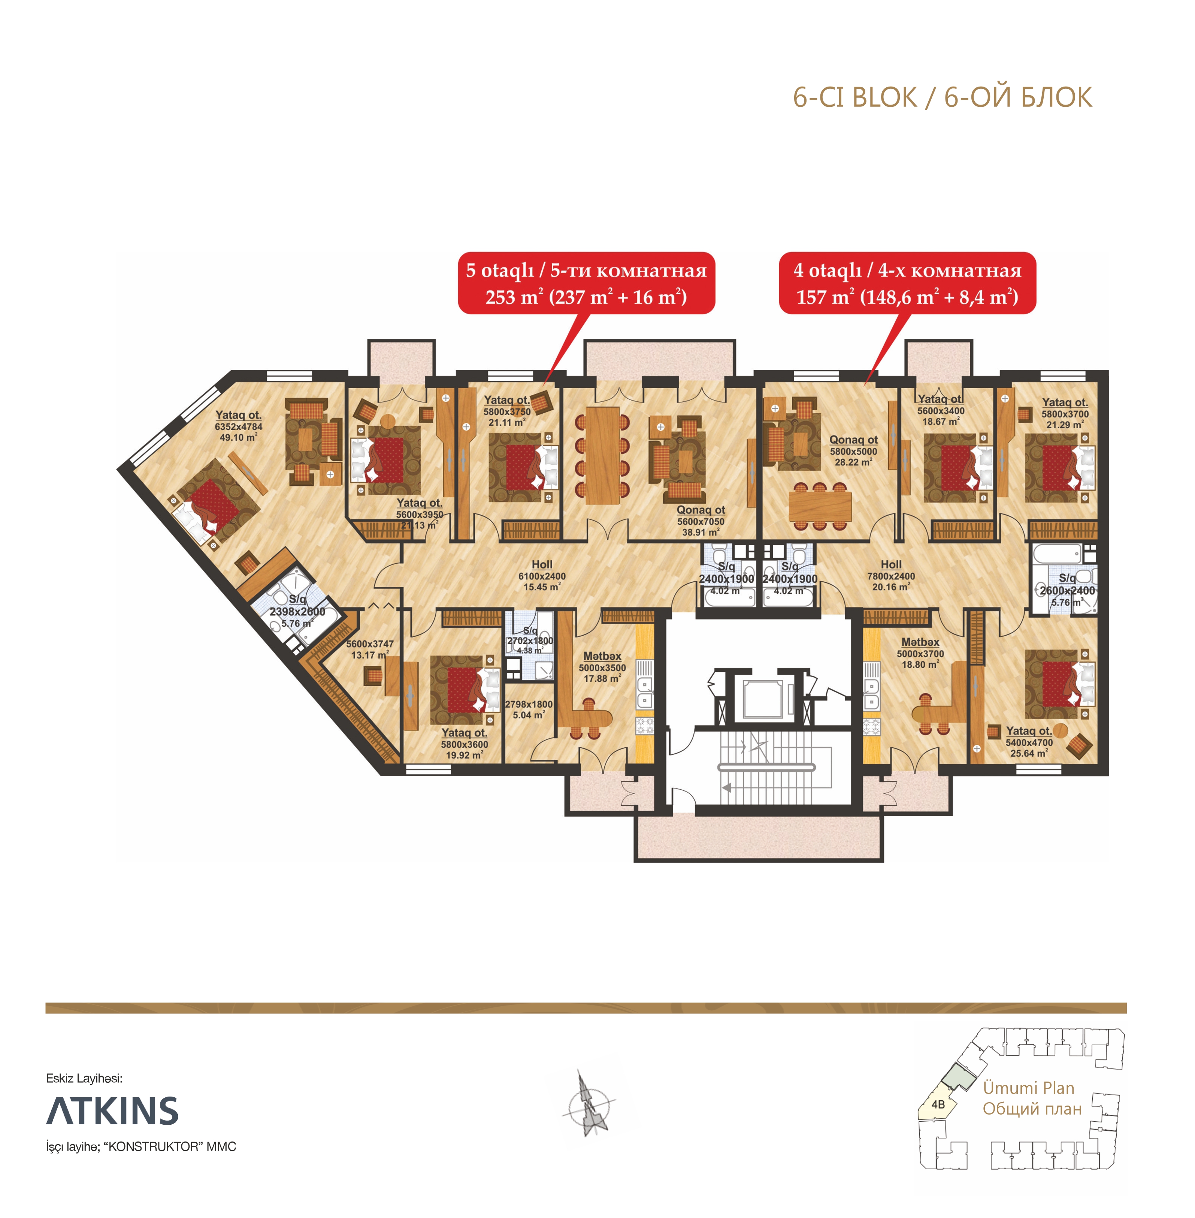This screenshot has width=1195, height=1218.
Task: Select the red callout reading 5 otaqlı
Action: (x=586, y=283)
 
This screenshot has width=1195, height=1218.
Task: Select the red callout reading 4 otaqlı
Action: (x=907, y=283)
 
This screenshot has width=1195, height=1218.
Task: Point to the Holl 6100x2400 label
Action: (x=542, y=576)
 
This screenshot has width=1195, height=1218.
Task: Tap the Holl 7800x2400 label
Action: (x=890, y=576)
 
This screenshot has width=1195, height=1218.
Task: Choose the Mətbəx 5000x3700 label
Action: (x=920, y=653)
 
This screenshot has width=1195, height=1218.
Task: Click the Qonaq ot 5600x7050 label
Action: (x=701, y=521)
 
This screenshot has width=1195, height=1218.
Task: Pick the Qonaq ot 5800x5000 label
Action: (x=853, y=451)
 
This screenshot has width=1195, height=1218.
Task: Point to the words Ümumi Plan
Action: (x=1028, y=1088)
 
